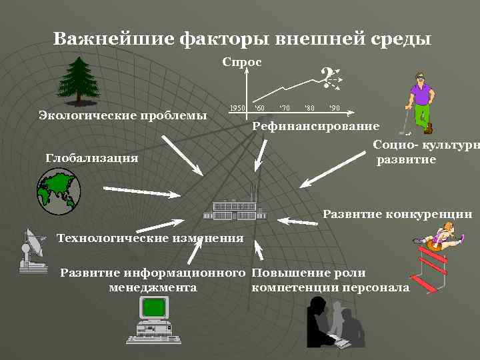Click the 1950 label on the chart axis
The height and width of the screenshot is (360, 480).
point(237,107)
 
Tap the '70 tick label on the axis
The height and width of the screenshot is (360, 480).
point(284,107)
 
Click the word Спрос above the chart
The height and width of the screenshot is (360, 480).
point(241,62)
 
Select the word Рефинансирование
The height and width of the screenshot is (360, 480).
point(316,126)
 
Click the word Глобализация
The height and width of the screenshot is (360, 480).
point(92,158)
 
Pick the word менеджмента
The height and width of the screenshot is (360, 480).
point(152,287)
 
